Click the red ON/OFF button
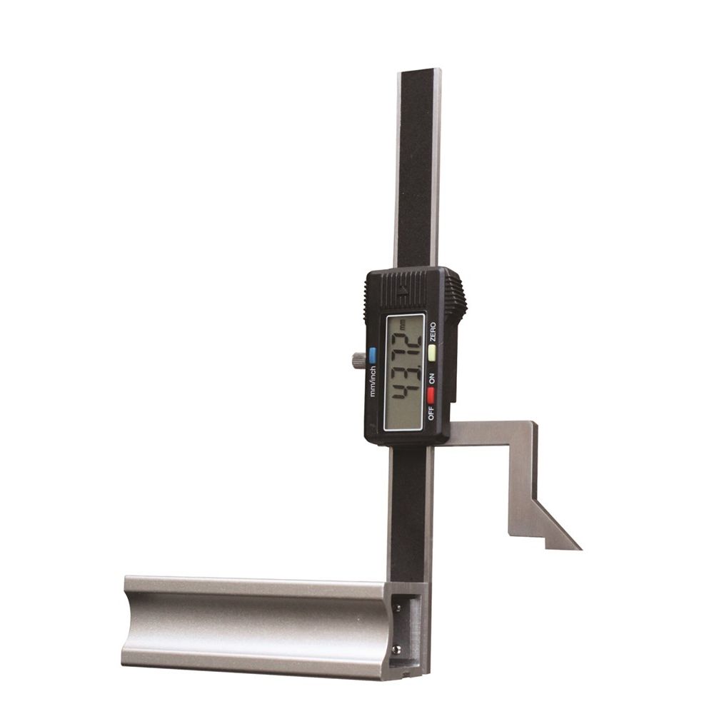[431, 396]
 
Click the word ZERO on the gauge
[432, 332]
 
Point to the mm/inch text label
[373, 381]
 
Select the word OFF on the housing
[431, 413]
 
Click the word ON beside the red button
[431, 378]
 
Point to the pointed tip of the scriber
[581, 549]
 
